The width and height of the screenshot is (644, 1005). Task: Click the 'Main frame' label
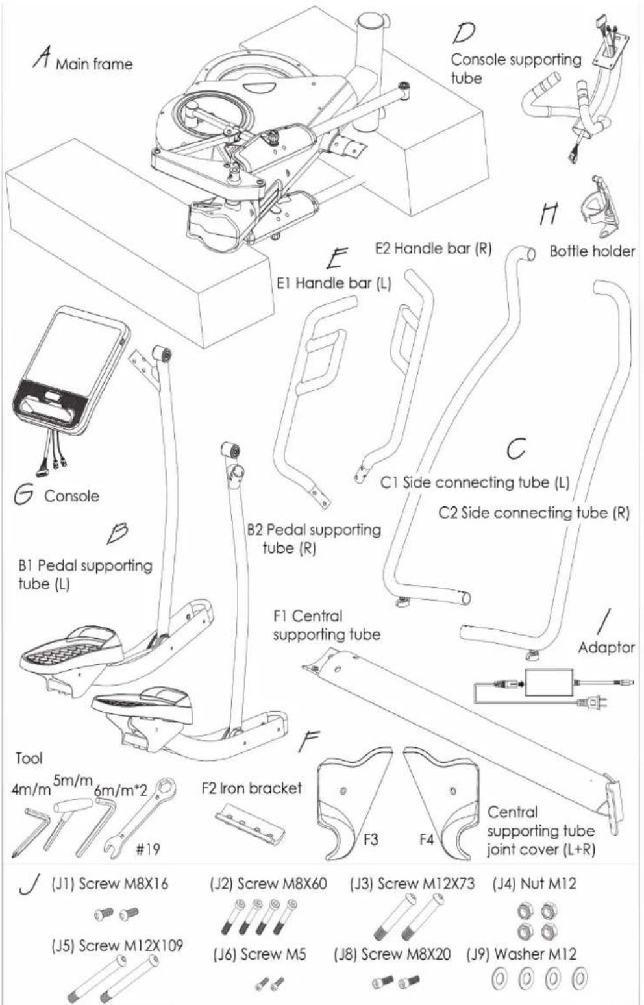(x=93, y=64)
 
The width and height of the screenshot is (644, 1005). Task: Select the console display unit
(x=71, y=373)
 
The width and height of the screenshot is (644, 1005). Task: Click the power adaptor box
(x=549, y=682)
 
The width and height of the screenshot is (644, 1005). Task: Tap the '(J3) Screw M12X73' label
(x=412, y=884)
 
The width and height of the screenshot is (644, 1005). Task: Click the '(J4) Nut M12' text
(x=534, y=884)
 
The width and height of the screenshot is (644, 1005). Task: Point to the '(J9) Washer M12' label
(x=521, y=954)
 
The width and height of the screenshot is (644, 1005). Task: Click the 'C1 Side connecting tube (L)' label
(x=475, y=482)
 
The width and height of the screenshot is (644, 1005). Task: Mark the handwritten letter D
(x=464, y=32)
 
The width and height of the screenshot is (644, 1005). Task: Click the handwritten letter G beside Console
(x=23, y=495)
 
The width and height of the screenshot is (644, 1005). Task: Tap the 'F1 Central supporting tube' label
(x=327, y=625)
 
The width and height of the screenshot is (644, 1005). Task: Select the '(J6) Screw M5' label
(x=260, y=954)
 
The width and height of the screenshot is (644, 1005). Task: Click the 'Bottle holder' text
(x=593, y=251)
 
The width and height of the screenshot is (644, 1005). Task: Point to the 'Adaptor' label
(x=606, y=647)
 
